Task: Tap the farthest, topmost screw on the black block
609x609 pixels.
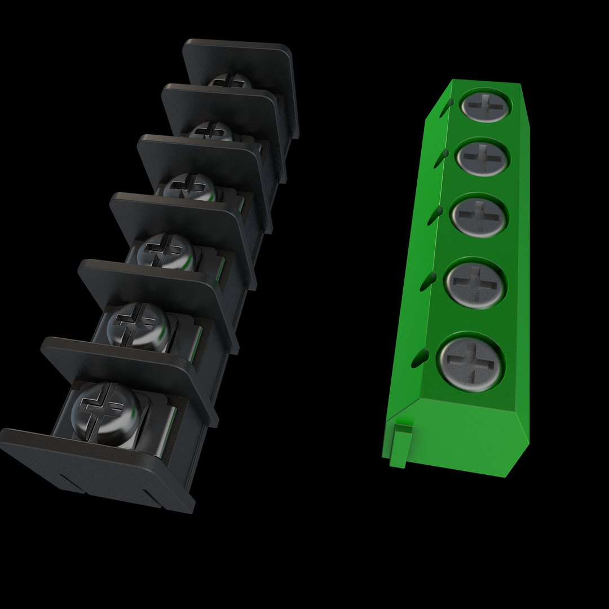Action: (230, 82)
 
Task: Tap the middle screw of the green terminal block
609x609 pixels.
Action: (479, 216)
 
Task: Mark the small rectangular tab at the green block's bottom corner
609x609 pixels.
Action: (401, 445)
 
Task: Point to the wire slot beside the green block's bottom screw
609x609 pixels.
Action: (421, 355)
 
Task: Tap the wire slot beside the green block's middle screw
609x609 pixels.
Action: (437, 213)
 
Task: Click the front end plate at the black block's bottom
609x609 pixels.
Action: (90, 468)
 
